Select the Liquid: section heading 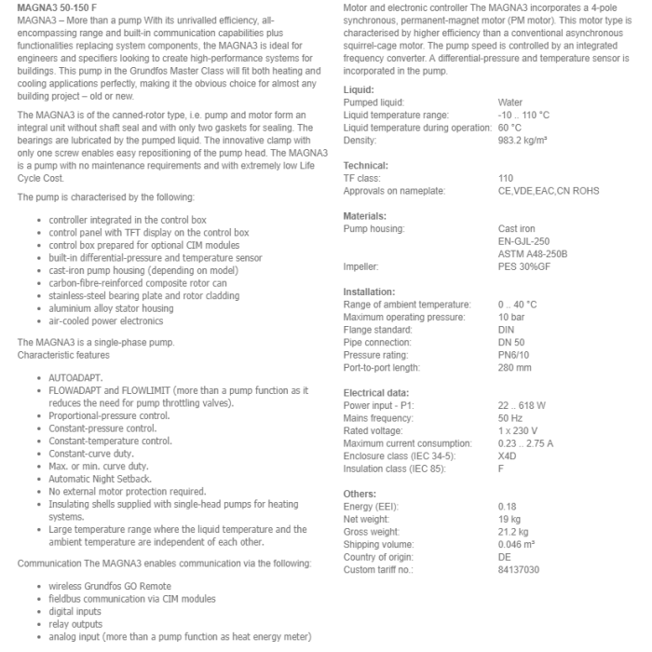pos(359,89)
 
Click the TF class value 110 pos(506,178)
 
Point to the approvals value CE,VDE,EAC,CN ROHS pos(549,191)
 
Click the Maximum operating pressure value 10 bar pos(511,317)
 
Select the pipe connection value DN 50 pos(511,342)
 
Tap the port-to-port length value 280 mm pos(515,367)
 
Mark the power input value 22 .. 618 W pos(522,405)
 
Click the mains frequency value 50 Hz pos(510,418)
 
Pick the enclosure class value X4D pos(508,455)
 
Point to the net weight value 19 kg pos(509,519)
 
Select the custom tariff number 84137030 pos(519,569)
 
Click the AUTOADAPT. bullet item pos(71,378)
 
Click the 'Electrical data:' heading pos(376,392)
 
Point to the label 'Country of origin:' pos(378,557)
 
